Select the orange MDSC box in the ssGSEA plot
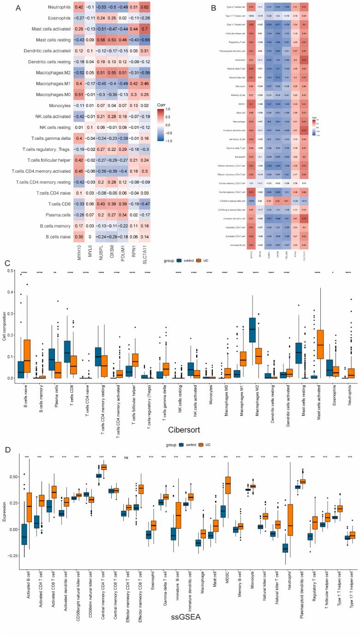(x=227, y=479)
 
